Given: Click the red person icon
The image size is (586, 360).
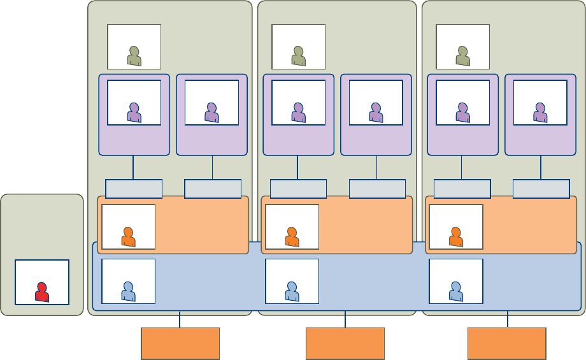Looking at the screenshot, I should (x=41, y=292).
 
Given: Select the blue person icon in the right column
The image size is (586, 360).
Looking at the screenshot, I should (x=456, y=291).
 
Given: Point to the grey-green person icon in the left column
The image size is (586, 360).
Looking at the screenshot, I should (x=134, y=56).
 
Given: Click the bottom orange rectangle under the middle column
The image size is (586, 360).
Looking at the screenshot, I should (x=345, y=343).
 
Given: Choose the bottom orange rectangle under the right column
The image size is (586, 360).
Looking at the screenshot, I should (x=507, y=343).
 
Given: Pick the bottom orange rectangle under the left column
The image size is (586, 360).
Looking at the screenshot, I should (x=180, y=343).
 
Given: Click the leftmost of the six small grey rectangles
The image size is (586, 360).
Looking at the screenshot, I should (x=134, y=189).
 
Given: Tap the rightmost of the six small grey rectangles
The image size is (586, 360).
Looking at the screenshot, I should (x=541, y=189).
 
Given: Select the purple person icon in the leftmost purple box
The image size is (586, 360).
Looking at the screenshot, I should (x=134, y=113).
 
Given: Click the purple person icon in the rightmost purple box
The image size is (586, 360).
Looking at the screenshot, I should (x=540, y=113).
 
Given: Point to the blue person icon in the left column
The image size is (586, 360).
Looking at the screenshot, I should (x=128, y=291).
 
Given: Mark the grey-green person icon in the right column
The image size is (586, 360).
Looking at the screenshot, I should (x=462, y=56).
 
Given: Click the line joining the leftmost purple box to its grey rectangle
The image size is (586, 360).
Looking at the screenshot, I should (x=133, y=168).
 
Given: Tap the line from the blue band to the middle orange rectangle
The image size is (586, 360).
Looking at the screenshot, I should (x=345, y=319).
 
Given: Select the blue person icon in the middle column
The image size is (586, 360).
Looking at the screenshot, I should (x=292, y=291).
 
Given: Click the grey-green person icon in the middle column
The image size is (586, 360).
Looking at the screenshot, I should (x=298, y=56).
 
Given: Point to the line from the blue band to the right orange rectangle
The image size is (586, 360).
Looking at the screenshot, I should (x=508, y=319).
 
